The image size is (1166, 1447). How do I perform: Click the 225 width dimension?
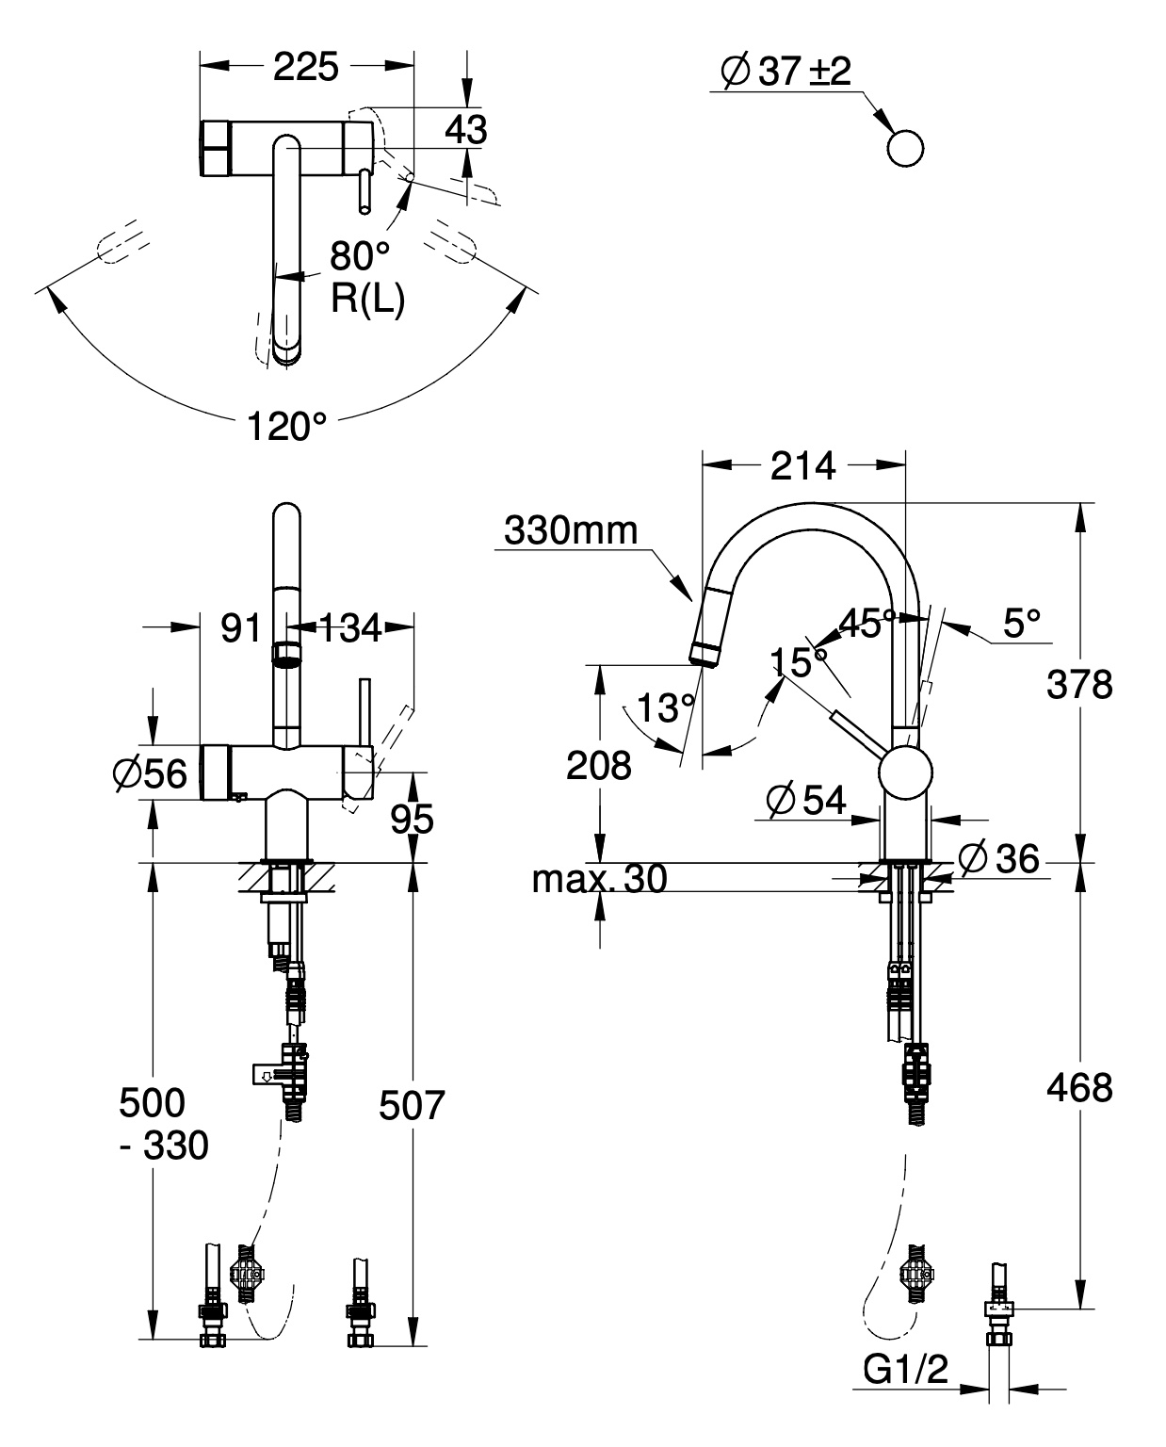tap(305, 67)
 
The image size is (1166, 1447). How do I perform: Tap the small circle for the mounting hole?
tap(904, 149)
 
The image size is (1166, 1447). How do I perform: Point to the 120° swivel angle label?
tap(286, 427)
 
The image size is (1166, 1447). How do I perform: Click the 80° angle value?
tap(359, 255)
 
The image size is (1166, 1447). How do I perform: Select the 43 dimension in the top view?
tap(466, 130)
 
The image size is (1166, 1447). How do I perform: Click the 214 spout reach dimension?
tap(802, 465)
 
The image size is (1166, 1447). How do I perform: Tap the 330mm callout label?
tap(571, 531)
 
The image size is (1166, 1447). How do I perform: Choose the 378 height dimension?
tap(1079, 685)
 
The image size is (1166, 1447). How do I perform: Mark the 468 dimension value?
tap(1079, 1088)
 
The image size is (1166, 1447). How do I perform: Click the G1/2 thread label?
tap(905, 1370)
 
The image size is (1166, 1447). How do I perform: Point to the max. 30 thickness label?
tap(599, 880)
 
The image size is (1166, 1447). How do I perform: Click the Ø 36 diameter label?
tap(998, 858)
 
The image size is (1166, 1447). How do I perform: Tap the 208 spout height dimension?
tap(598, 766)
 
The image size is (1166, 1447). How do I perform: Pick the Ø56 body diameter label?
tap(150, 772)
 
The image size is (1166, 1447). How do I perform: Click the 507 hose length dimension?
tap(411, 1105)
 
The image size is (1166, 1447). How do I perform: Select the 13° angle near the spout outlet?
tap(665, 707)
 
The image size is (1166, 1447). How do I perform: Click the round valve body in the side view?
tap(905, 773)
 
